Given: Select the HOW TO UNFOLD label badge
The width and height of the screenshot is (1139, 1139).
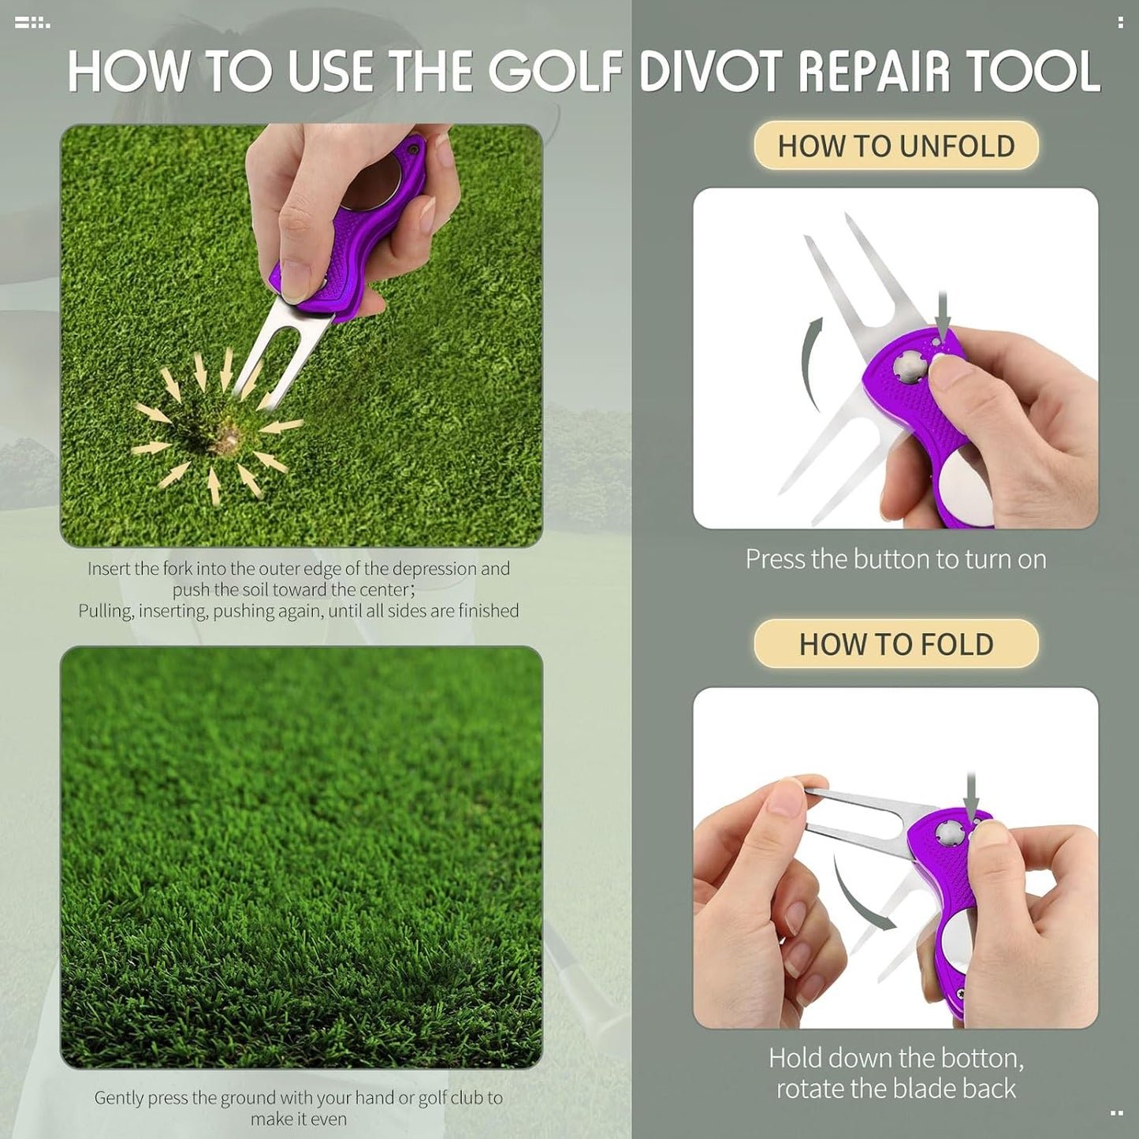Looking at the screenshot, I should click(x=895, y=146).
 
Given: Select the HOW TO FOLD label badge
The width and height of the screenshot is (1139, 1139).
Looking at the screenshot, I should click(x=895, y=644).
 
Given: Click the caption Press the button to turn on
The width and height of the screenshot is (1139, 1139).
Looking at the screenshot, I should click(x=895, y=559).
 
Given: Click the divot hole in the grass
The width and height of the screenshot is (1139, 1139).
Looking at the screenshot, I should click(x=228, y=437).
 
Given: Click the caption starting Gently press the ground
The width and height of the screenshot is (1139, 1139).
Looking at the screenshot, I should click(x=298, y=1107).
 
